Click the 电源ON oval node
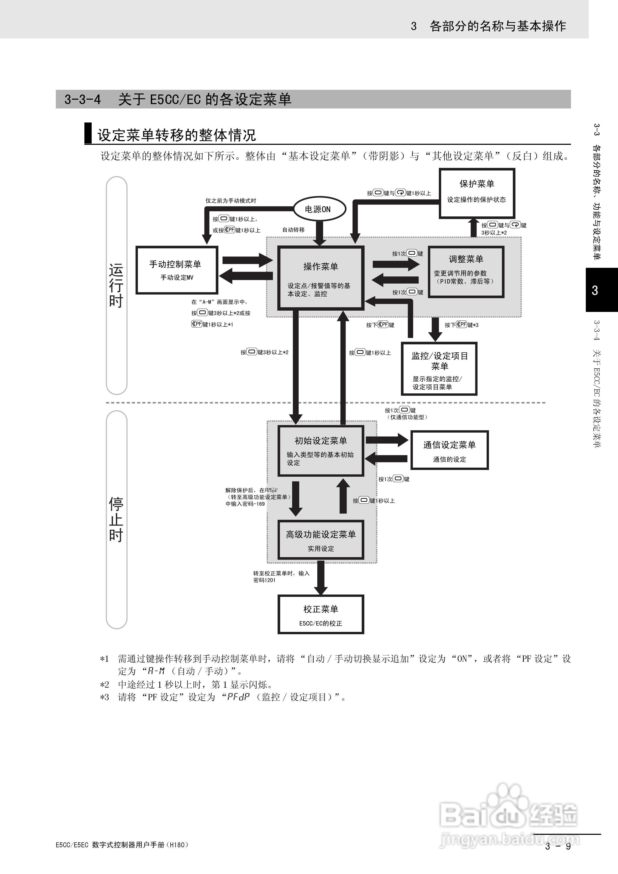coord(319,209)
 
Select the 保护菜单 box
coord(477,193)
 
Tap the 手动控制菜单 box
coord(177,270)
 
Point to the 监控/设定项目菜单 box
coord(439,368)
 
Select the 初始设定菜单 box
coord(320,451)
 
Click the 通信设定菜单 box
coord(449,450)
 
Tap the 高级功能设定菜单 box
coord(320,540)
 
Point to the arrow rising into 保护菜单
coord(474,228)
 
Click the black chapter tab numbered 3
coord(601,290)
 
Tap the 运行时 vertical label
coord(116,285)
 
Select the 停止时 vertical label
coord(116,519)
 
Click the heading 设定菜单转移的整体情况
coord(176,135)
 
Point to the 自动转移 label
coord(293,230)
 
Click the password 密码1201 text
coord(264,580)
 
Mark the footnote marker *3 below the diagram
coord(104,697)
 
